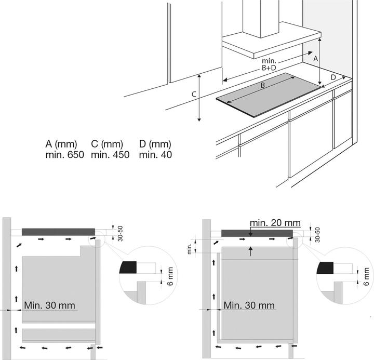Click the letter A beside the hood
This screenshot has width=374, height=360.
[x=314, y=59]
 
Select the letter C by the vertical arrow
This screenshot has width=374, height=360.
[x=193, y=95]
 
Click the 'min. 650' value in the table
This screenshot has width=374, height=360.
[x=62, y=154]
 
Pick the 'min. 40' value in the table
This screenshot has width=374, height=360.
[x=155, y=154]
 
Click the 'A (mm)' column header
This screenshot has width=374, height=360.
[x=61, y=144]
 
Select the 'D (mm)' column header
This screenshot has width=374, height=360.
[x=155, y=144]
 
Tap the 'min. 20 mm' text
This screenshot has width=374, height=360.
[x=275, y=222]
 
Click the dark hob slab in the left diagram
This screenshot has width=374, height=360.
[x=58, y=231]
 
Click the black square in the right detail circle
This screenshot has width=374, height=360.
[x=326, y=268]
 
